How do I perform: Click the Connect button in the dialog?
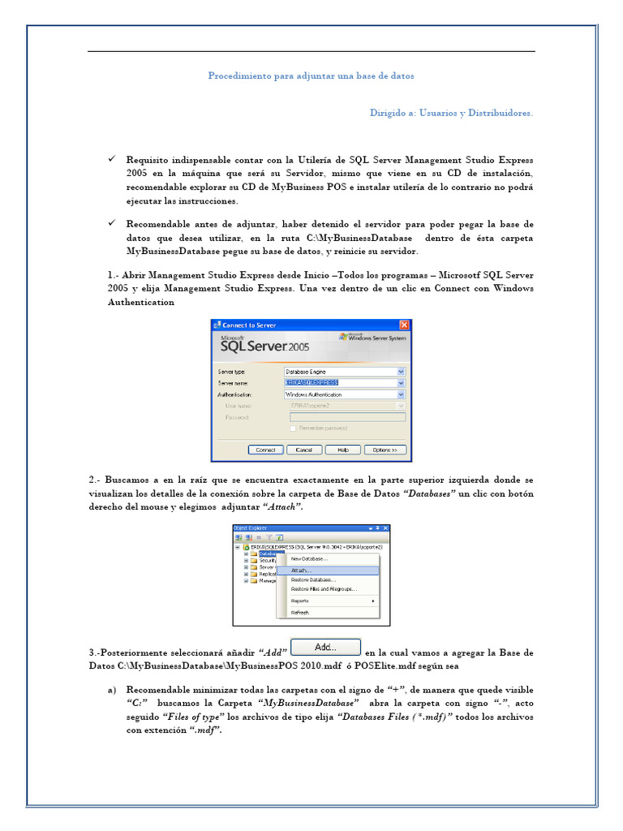265,450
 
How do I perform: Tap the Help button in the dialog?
342,450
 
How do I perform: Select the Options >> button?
385,450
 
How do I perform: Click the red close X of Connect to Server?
404,325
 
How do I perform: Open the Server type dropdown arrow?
400,372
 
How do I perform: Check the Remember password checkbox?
293,428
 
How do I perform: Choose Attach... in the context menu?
302,571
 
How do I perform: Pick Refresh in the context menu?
300,613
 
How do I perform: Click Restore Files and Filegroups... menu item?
324,588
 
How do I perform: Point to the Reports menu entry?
300,601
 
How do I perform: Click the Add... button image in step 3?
324,648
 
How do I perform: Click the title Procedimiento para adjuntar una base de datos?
311,75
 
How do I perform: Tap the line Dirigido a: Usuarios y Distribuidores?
451,113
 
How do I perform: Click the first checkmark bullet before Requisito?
112,159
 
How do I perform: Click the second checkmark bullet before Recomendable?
112,222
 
